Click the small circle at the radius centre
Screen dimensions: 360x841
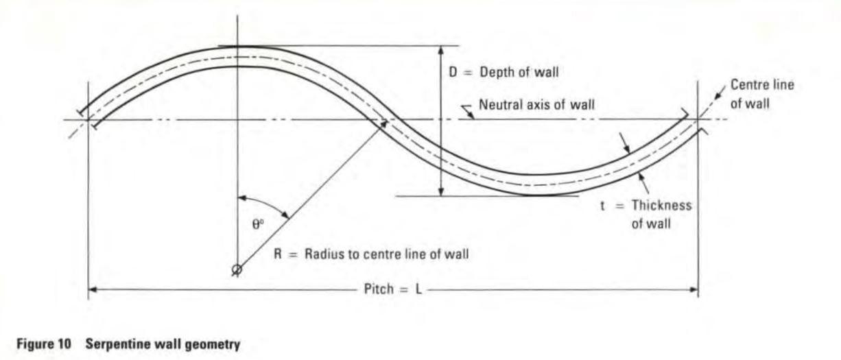(x=237, y=269)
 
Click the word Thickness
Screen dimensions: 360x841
(x=662, y=205)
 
